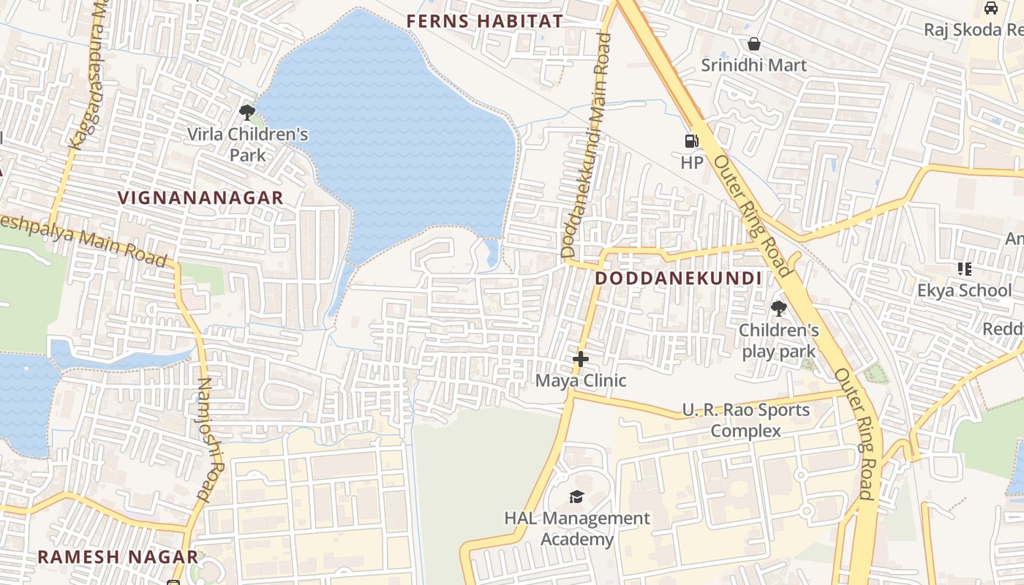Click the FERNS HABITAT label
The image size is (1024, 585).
tap(484, 21)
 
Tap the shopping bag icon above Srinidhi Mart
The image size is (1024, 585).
tap(753, 44)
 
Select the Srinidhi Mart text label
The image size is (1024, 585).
tap(753, 65)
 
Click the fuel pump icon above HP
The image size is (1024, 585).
tap(691, 141)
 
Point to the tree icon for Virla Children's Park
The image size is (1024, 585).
tap(247, 113)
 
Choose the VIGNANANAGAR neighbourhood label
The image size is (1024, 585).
tap(200, 197)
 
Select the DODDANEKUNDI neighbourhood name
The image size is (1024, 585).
tap(678, 279)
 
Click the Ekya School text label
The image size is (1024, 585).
tap(964, 290)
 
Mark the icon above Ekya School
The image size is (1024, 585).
tap(964, 269)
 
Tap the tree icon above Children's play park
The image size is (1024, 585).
tap(778, 309)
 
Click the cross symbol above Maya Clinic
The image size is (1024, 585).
tap(581, 359)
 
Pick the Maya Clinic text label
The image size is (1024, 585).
tap(581, 380)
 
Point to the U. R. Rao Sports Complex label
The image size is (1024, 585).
tap(746, 420)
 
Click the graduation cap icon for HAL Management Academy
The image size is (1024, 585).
tap(576, 497)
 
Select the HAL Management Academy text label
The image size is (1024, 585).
tap(576, 529)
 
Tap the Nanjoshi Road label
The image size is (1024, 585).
tap(211, 439)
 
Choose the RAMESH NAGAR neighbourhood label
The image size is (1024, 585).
tap(117, 556)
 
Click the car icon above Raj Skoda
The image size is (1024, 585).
tap(991, 8)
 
